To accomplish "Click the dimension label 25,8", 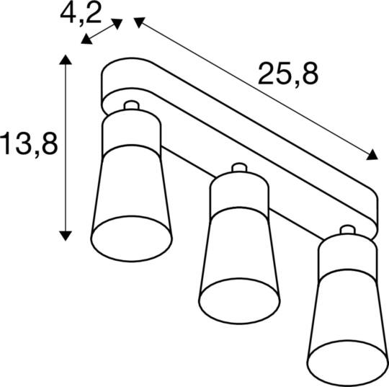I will pos(287,74).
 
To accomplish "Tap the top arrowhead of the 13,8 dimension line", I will pos(66,61).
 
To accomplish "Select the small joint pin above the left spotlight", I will pos(130,107).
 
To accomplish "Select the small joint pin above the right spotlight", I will pos(346,232).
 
